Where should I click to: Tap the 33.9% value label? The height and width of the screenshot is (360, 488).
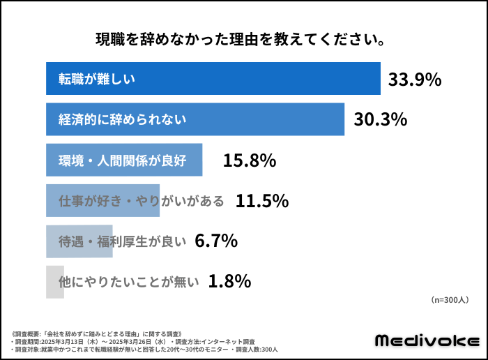pyautogui.click(x=415, y=80)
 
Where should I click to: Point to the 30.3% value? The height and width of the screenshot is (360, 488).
pyautogui.click(x=380, y=119)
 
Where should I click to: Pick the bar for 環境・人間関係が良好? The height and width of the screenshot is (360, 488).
pyautogui.click(x=124, y=160)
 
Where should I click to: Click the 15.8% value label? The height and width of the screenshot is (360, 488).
pyautogui.click(x=250, y=160)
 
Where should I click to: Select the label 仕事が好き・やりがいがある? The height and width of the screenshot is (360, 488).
pyautogui.click(x=142, y=201)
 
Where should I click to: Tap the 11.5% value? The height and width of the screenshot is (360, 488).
pyautogui.click(x=262, y=201)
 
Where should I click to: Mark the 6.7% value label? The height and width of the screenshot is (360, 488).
pyautogui.click(x=216, y=241)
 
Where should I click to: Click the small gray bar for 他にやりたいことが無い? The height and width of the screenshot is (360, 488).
pyautogui.click(x=54, y=282)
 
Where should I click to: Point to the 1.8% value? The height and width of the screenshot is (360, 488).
pyautogui.click(x=229, y=282)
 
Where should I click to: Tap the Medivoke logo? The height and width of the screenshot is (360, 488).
pyautogui.click(x=427, y=340)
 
